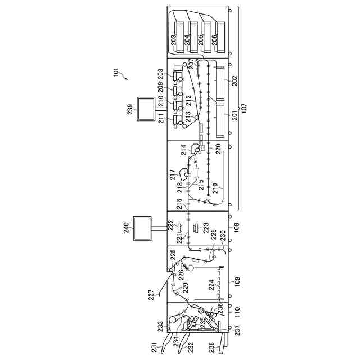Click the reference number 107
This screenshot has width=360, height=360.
[x=243, y=106]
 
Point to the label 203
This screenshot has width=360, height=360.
[x=175, y=40]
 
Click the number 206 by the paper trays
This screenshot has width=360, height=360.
[x=214, y=40]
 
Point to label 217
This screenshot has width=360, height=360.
[x=173, y=175]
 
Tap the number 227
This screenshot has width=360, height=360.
[x=151, y=295]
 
